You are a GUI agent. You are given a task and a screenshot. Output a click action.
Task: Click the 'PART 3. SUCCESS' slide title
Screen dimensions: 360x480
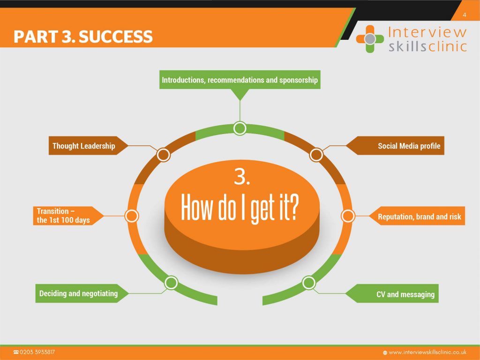(x=83, y=36)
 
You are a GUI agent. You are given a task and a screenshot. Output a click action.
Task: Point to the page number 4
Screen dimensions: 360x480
(x=464, y=15)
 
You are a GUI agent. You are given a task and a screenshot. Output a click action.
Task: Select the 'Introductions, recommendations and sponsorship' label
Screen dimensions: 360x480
(x=240, y=80)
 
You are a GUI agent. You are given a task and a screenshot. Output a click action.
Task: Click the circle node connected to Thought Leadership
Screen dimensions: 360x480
(x=163, y=155)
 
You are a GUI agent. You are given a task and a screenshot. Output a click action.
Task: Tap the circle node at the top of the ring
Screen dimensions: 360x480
(x=240, y=128)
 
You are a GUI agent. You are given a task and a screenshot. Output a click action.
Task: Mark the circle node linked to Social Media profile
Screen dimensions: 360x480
(x=317, y=155)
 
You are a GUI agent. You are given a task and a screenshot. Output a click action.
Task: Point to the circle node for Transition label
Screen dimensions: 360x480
(x=132, y=216)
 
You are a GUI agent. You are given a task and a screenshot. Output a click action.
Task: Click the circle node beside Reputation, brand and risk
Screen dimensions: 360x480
(x=347, y=216)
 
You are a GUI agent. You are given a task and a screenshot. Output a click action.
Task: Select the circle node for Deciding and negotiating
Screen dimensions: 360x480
(x=171, y=283)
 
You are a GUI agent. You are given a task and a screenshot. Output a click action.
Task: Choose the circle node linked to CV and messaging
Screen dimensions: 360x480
(x=308, y=283)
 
